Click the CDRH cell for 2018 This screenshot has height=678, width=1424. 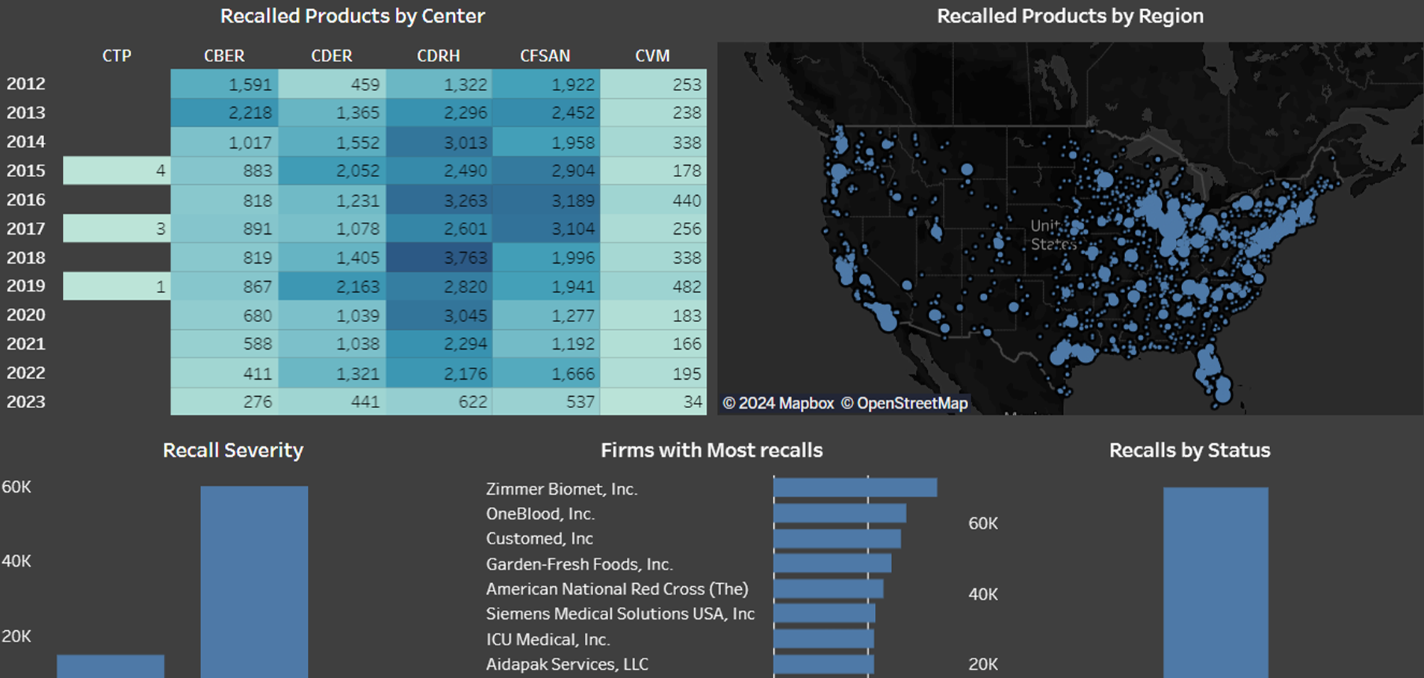tap(439, 258)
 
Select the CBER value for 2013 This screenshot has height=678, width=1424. tap(224, 113)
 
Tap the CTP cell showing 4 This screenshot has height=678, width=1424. tap(117, 171)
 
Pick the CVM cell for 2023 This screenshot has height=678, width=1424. tap(653, 402)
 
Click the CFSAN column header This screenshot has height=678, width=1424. tap(545, 56)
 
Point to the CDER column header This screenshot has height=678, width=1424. tap(332, 56)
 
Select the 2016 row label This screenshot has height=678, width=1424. tap(26, 200)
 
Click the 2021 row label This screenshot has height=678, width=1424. tap(26, 344)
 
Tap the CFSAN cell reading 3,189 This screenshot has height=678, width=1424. tap(546, 200)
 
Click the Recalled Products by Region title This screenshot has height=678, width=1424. tap(1070, 16)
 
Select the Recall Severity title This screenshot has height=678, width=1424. tap(233, 450)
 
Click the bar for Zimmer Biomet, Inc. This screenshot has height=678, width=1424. tap(855, 488)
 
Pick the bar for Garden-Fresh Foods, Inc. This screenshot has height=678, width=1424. tap(832, 564)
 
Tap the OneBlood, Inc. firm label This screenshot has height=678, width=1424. tap(540, 514)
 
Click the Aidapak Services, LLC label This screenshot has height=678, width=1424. tap(567, 665)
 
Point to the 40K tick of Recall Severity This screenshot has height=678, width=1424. tap(16, 561)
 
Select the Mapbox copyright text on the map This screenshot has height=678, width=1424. tap(778, 404)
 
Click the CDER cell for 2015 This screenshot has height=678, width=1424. tap(332, 171)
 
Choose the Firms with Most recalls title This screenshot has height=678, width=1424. tap(711, 450)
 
